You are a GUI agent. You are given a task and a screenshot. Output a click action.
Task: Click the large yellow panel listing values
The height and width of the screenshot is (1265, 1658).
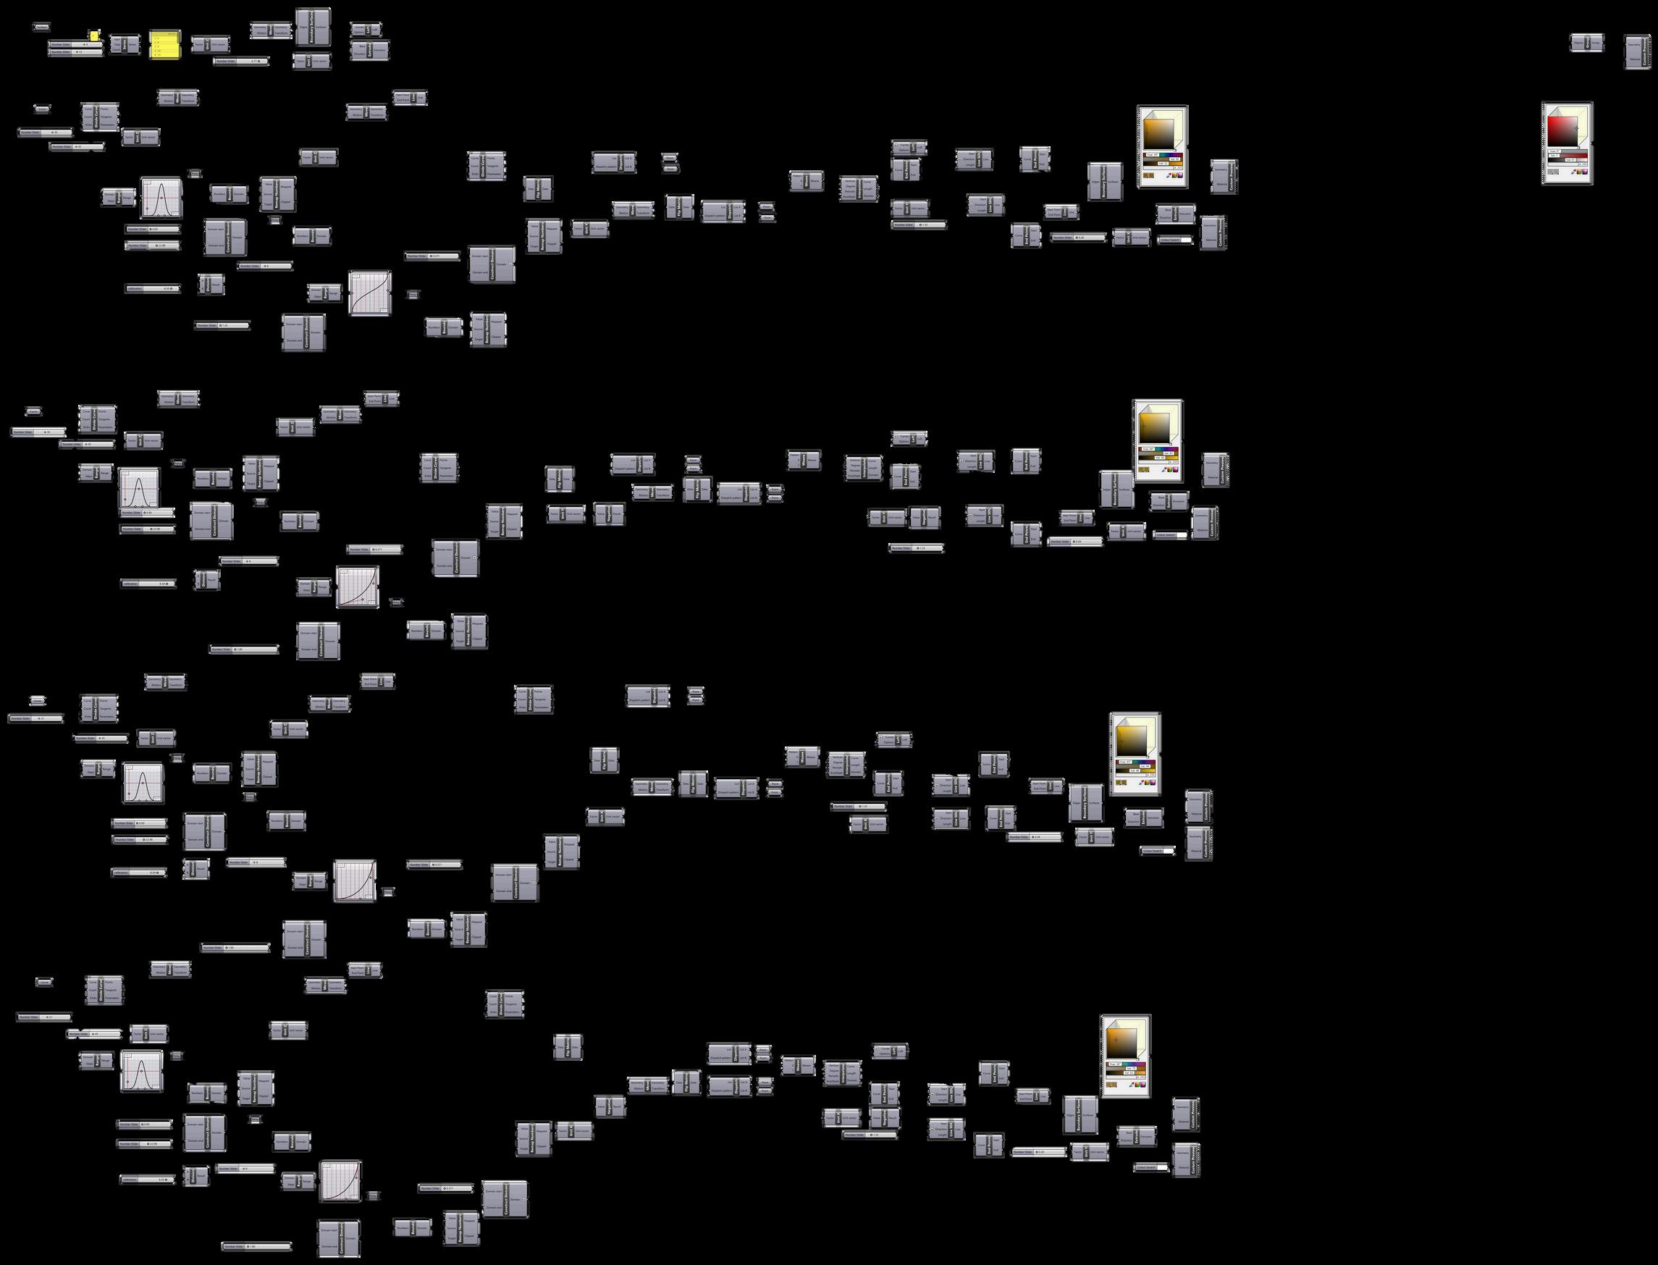pyautogui.click(x=165, y=44)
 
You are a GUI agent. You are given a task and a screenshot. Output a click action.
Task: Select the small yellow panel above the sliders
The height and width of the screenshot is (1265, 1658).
pyautogui.click(x=94, y=35)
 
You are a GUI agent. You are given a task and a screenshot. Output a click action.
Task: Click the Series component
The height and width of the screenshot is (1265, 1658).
pyautogui.click(x=125, y=44)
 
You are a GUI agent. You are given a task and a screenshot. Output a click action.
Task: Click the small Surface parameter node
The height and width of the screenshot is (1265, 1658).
pyautogui.click(x=42, y=27)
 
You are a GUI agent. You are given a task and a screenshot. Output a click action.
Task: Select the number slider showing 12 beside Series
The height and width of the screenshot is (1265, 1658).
pyautogui.click(x=76, y=52)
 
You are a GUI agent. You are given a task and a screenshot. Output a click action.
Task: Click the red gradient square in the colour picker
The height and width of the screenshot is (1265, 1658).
pyautogui.click(x=1562, y=132)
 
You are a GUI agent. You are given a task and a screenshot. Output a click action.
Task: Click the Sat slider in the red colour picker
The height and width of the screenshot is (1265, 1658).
pyautogui.click(x=1575, y=156)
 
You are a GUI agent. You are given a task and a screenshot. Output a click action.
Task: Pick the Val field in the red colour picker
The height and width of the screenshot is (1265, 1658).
pyautogui.click(x=1570, y=160)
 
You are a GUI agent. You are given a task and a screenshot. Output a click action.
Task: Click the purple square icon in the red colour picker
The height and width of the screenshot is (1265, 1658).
pyautogui.click(x=1585, y=172)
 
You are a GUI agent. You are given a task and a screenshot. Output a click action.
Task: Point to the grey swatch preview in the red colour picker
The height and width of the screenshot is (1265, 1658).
pyautogui.click(x=1553, y=172)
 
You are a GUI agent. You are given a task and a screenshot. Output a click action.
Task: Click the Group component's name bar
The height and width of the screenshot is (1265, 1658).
pyautogui.click(x=1587, y=43)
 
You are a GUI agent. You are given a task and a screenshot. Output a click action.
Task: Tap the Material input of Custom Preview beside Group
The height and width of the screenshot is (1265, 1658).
pyautogui.click(x=1635, y=59)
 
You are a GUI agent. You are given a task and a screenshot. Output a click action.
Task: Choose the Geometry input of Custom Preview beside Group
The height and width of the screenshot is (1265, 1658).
pyautogui.click(x=1634, y=45)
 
